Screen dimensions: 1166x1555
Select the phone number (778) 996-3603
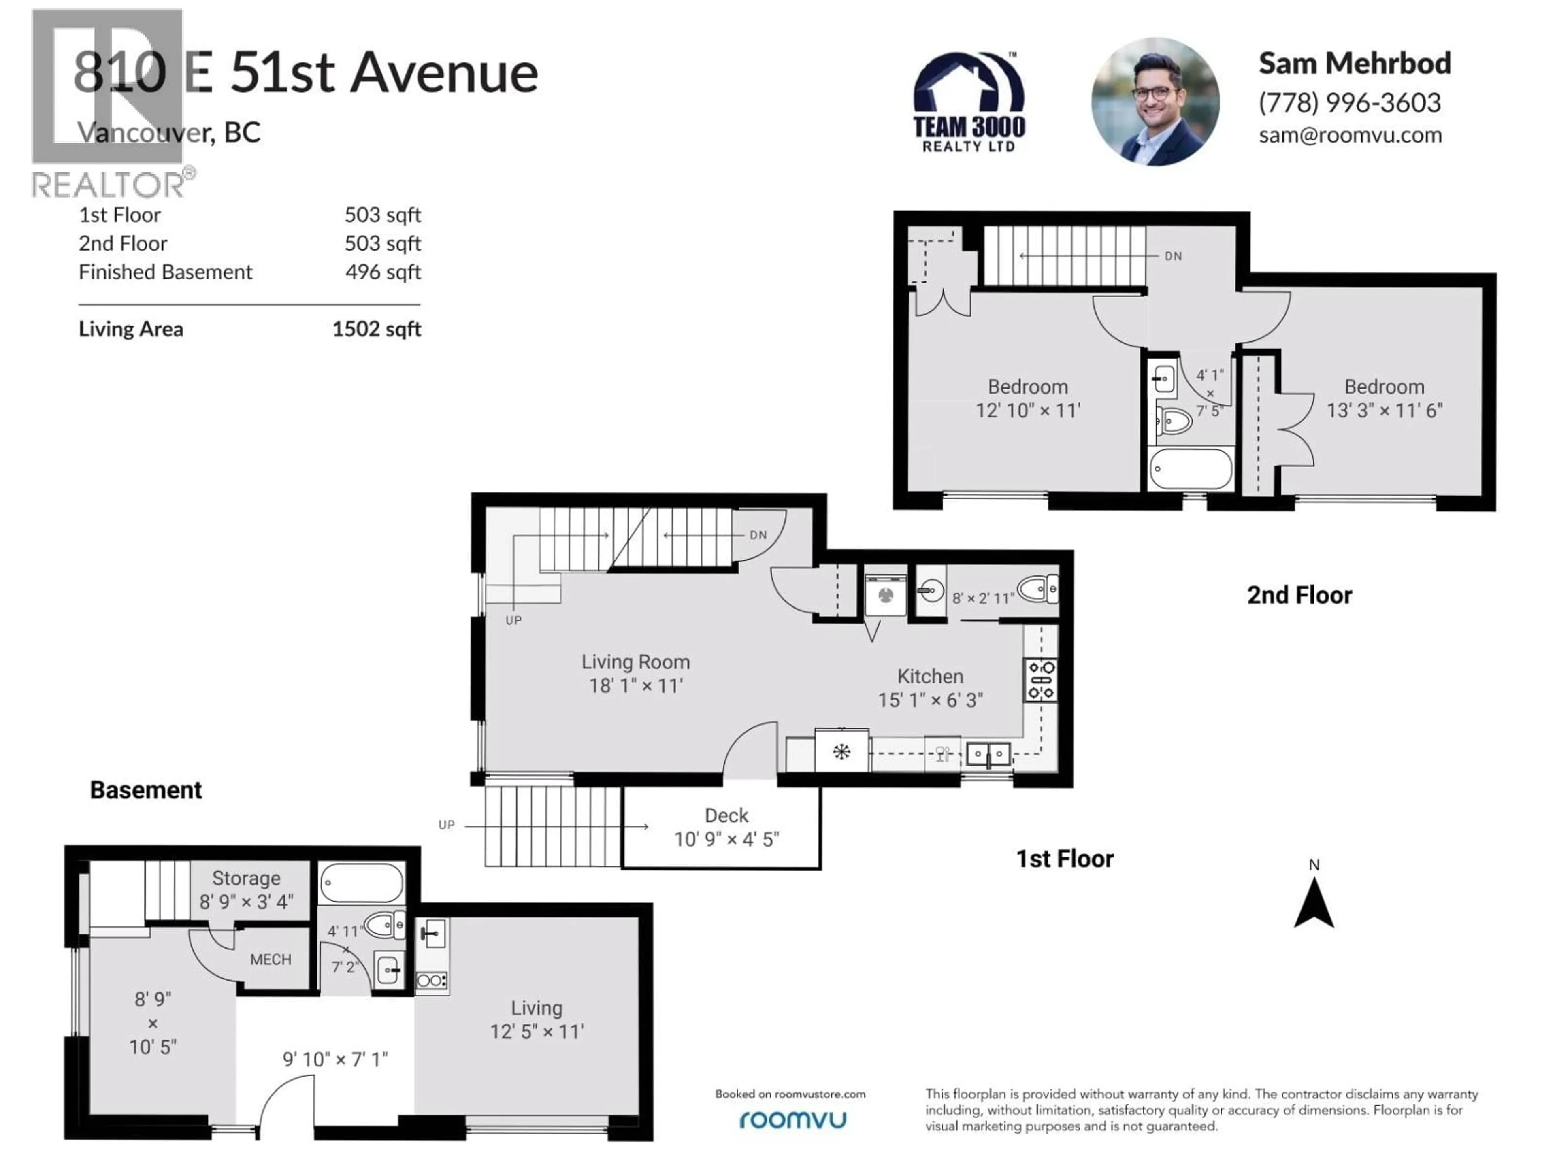click(x=1349, y=102)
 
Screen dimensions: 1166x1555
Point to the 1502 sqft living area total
click(x=376, y=329)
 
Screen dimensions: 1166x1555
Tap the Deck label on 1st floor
click(x=726, y=815)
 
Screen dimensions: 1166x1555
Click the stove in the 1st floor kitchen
click(x=1040, y=680)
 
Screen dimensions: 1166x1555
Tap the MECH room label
click(x=270, y=960)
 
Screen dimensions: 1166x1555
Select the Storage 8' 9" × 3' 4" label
click(x=246, y=889)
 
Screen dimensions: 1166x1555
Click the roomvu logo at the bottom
click(x=792, y=1119)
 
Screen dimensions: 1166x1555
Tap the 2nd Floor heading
click(x=1299, y=595)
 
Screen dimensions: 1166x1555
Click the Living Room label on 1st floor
click(x=635, y=662)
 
